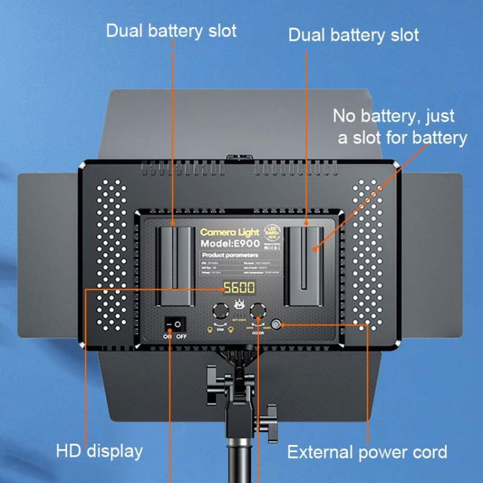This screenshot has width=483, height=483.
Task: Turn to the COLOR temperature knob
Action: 259,308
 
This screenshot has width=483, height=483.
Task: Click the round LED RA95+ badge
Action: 270,232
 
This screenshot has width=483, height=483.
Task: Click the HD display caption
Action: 98,451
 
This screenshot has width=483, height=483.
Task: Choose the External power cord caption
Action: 367,451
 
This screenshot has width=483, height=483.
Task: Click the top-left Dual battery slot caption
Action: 171,30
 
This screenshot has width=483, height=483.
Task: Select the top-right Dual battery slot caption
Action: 354,34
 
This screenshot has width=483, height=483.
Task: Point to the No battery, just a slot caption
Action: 399,127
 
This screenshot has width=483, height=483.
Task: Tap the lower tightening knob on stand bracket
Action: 270,412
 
